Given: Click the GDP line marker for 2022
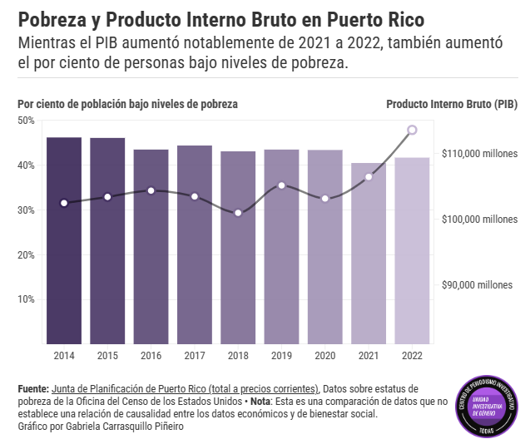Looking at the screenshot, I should (x=412, y=130).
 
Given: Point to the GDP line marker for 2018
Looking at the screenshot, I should (x=238, y=213).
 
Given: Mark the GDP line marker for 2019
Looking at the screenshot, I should (x=281, y=185).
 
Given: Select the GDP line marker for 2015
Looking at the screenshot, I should (x=107, y=197).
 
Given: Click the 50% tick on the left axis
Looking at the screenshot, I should (x=26, y=121).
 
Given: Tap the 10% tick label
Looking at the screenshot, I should (x=26, y=299).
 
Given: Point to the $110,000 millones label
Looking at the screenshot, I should (x=480, y=154).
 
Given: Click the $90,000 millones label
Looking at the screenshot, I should (x=480, y=285).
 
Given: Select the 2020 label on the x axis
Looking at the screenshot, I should (x=324, y=356).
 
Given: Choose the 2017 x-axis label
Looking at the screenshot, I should (x=194, y=356).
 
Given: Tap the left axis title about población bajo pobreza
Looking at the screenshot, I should (x=127, y=104).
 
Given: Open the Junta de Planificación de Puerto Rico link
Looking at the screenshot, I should (x=185, y=388).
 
